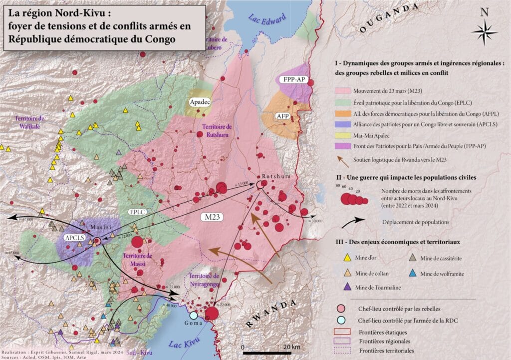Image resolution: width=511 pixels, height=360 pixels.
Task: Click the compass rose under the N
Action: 484,31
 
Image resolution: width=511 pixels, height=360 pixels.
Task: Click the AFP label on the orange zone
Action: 283,116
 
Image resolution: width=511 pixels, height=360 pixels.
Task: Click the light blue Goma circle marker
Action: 193,315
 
